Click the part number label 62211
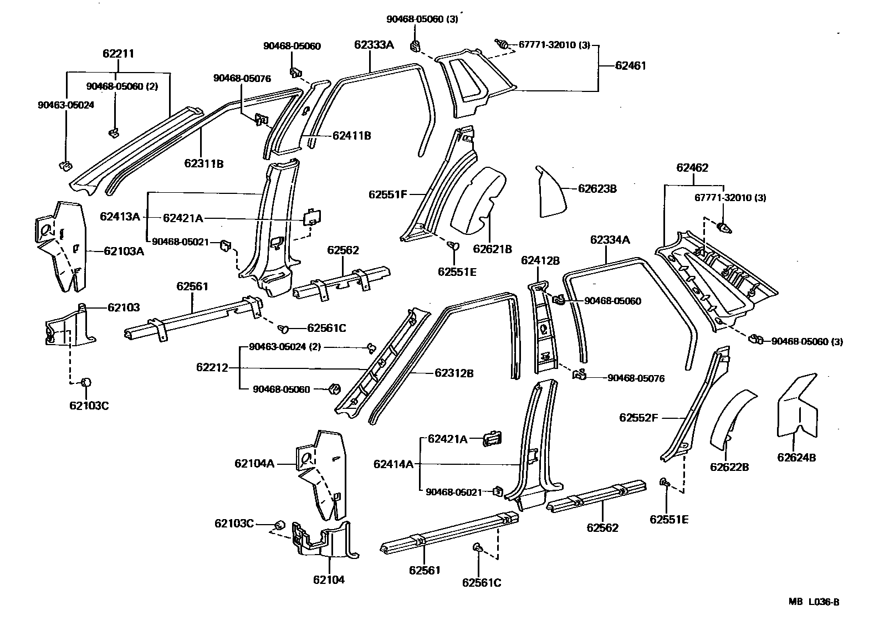[118, 54]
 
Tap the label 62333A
[374, 45]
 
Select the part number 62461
[630, 65]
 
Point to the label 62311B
[204, 163]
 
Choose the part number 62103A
[124, 251]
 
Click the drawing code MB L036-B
[814, 602]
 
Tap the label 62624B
[796, 458]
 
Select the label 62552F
[638, 418]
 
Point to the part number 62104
[329, 579]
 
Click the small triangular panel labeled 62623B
[550, 193]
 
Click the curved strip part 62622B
[730, 418]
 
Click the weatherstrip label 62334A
[610, 240]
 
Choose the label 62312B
[454, 373]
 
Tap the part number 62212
[212, 367]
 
